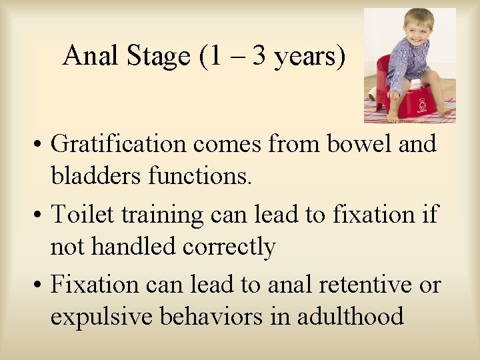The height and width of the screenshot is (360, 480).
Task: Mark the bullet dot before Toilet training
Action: pyautogui.click(x=40, y=215)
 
